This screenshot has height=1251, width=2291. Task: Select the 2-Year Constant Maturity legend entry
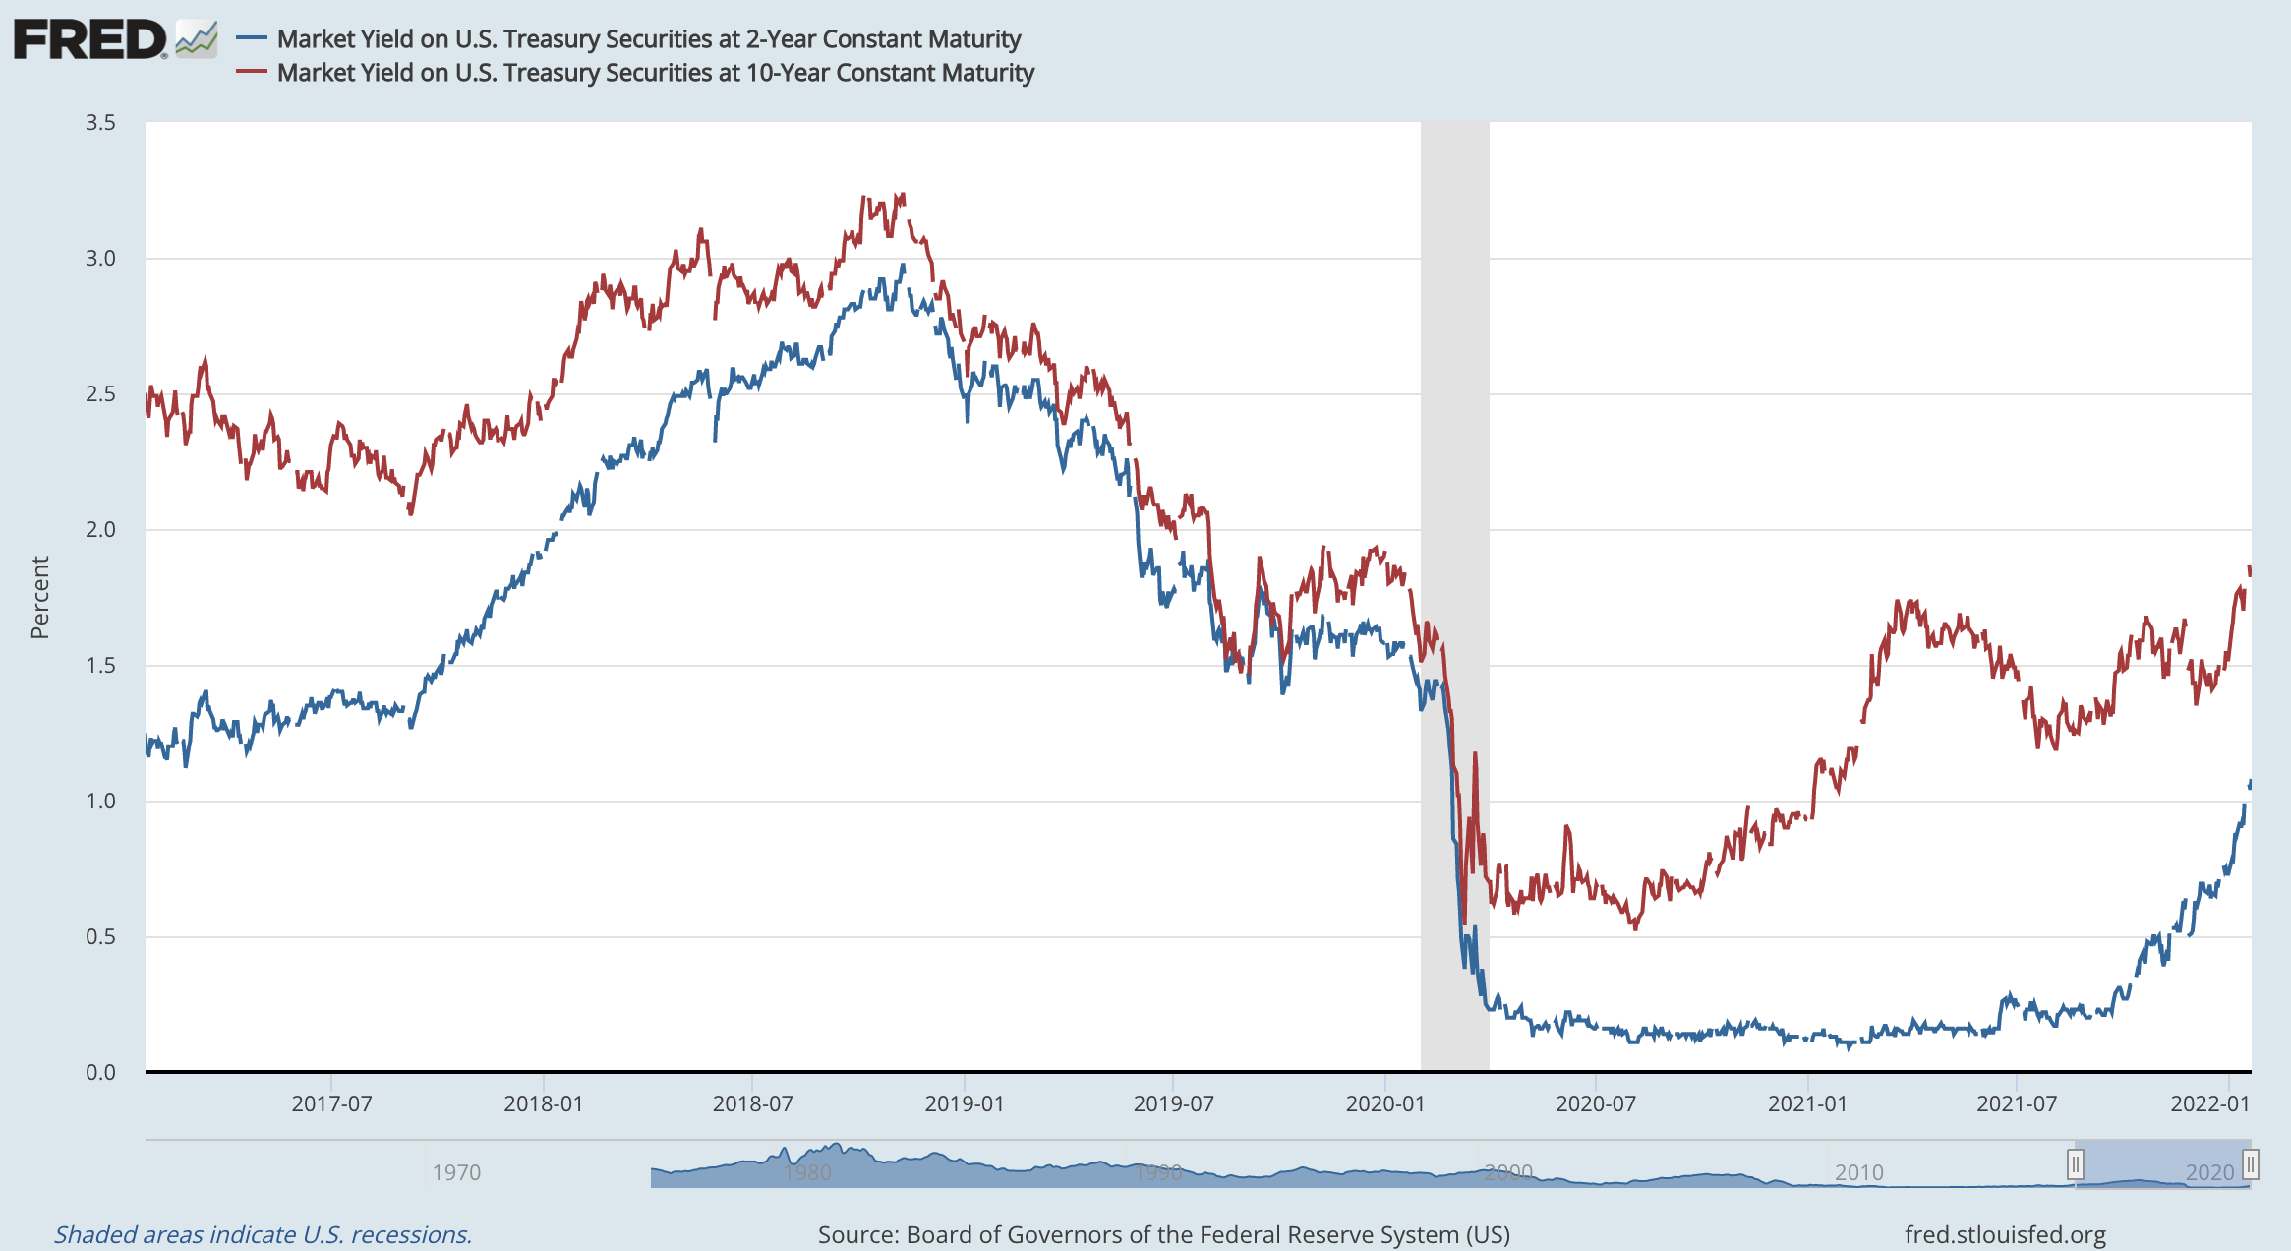pyautogui.click(x=648, y=39)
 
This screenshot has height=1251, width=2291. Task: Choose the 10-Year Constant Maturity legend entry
pyautogui.click(x=655, y=73)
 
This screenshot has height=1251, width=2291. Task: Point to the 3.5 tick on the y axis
pyautogui.click(x=100, y=123)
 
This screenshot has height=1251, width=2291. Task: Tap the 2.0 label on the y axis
pyautogui.click(x=100, y=530)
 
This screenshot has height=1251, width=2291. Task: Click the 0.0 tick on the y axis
pyautogui.click(x=100, y=1072)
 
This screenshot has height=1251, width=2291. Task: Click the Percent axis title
pyautogui.click(x=40, y=597)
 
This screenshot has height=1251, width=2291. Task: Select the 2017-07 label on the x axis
pyautogui.click(x=331, y=1103)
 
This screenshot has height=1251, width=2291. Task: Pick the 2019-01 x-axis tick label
pyautogui.click(x=964, y=1103)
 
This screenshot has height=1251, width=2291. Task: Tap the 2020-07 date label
pyautogui.click(x=1595, y=1103)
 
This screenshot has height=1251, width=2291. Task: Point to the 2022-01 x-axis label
pyautogui.click(x=2209, y=1103)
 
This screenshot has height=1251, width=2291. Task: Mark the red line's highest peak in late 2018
pyautogui.click(x=902, y=196)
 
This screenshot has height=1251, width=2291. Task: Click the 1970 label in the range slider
pyautogui.click(x=456, y=1172)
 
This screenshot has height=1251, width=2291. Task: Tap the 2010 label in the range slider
pyautogui.click(x=1858, y=1172)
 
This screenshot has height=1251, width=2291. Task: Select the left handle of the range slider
pyautogui.click(x=2075, y=1165)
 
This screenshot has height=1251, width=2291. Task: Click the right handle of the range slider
pyautogui.click(x=2250, y=1165)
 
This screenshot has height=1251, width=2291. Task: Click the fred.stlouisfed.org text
pyautogui.click(x=2005, y=1234)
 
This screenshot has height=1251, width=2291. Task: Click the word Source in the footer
pyautogui.click(x=857, y=1234)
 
